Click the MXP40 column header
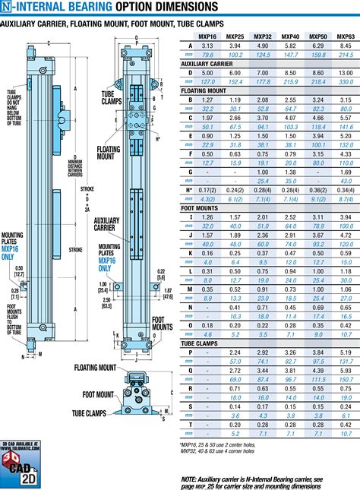tap(289, 36)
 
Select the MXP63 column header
tap(345, 36)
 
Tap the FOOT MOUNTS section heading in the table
tap(199, 207)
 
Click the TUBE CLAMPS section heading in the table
tap(200, 342)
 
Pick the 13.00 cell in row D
tap(345, 73)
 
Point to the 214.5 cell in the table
tap(345, 55)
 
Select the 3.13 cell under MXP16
tap(207, 46)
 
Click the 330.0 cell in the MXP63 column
tap(345, 82)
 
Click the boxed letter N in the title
tap(5, 8)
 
